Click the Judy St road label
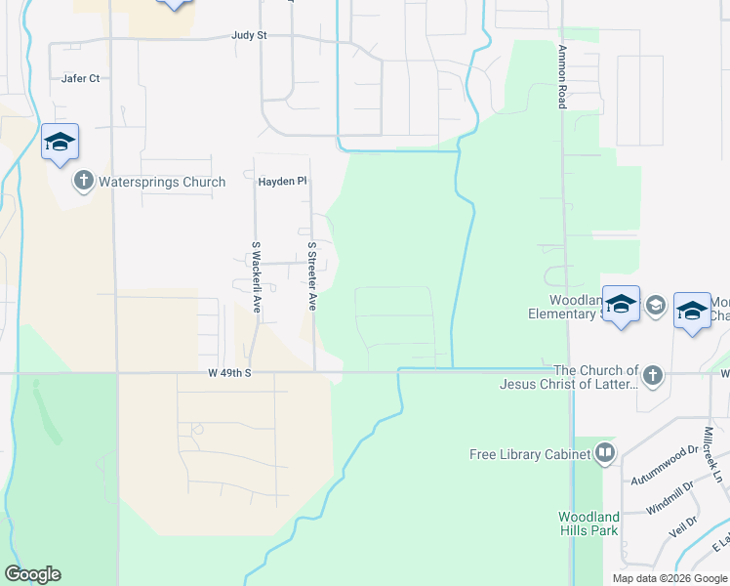click(x=249, y=35)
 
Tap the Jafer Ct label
click(x=80, y=78)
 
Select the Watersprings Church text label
click(x=162, y=182)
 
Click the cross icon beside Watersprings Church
click(x=83, y=181)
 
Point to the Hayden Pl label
click(x=282, y=182)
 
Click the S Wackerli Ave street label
click(x=257, y=276)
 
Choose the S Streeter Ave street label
click(x=312, y=276)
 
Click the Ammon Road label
click(x=562, y=74)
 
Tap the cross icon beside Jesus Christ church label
click(x=653, y=375)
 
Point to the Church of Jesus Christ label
click(x=595, y=377)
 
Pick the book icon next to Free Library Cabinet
click(x=605, y=453)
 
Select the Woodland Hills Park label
click(x=588, y=523)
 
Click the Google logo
click(x=32, y=574)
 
